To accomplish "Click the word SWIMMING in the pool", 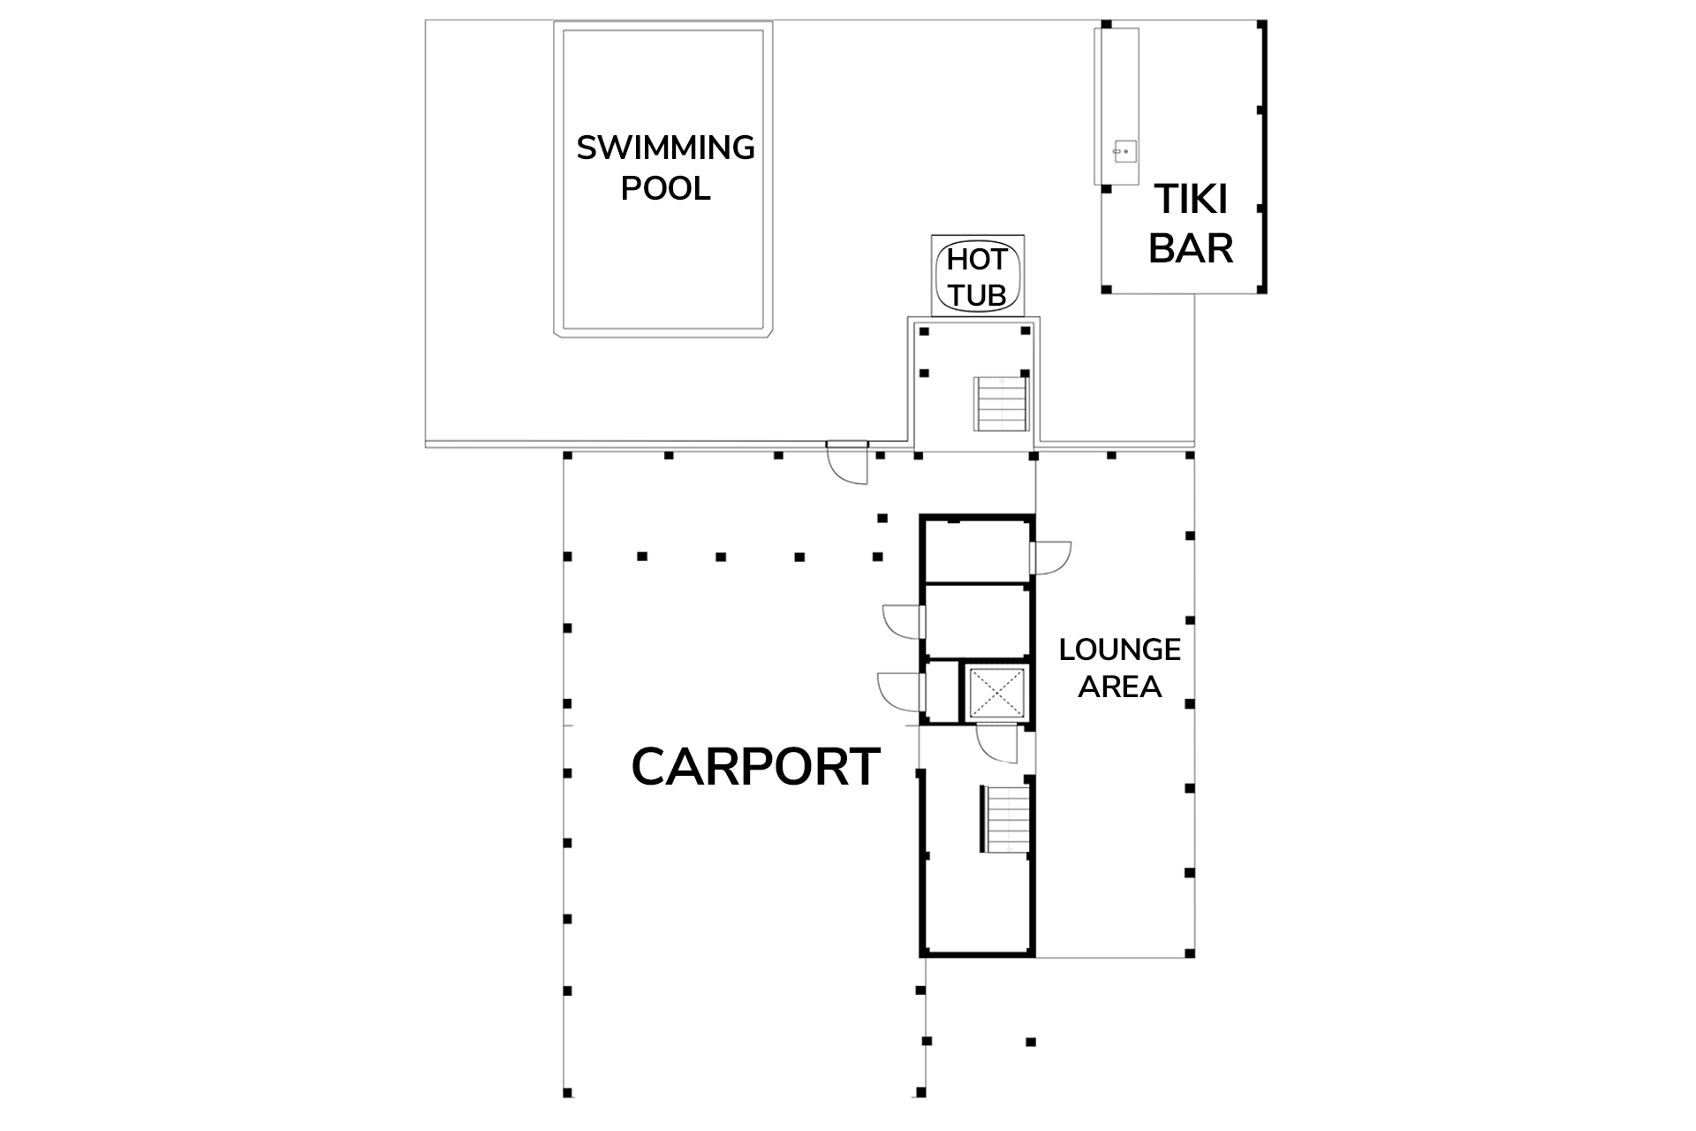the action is [x=665, y=148].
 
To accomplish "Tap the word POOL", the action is [x=665, y=188].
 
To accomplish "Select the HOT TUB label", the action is [x=977, y=277].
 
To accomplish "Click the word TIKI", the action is [x=1191, y=200].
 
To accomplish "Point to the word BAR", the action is [x=1191, y=248].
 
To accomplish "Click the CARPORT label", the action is [x=756, y=766].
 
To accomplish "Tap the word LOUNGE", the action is [x=1120, y=649].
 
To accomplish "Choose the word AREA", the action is [x=1120, y=687].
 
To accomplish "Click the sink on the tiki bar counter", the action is [x=1124, y=152].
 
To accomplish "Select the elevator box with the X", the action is [x=996, y=692].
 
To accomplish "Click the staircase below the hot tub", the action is [x=1002, y=404].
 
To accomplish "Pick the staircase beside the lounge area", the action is [x=1005, y=819].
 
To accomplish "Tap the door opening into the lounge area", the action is [x=1051, y=558].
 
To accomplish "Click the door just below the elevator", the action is [x=997, y=743].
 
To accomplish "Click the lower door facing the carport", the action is [x=901, y=692].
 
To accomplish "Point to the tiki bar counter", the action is [x=1117, y=106].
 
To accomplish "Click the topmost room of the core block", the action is [x=977, y=550].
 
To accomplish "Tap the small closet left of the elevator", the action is [x=942, y=692].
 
